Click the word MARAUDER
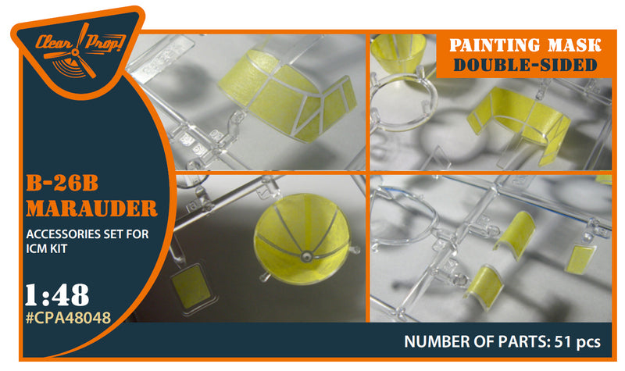91,209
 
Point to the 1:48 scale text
58,294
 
